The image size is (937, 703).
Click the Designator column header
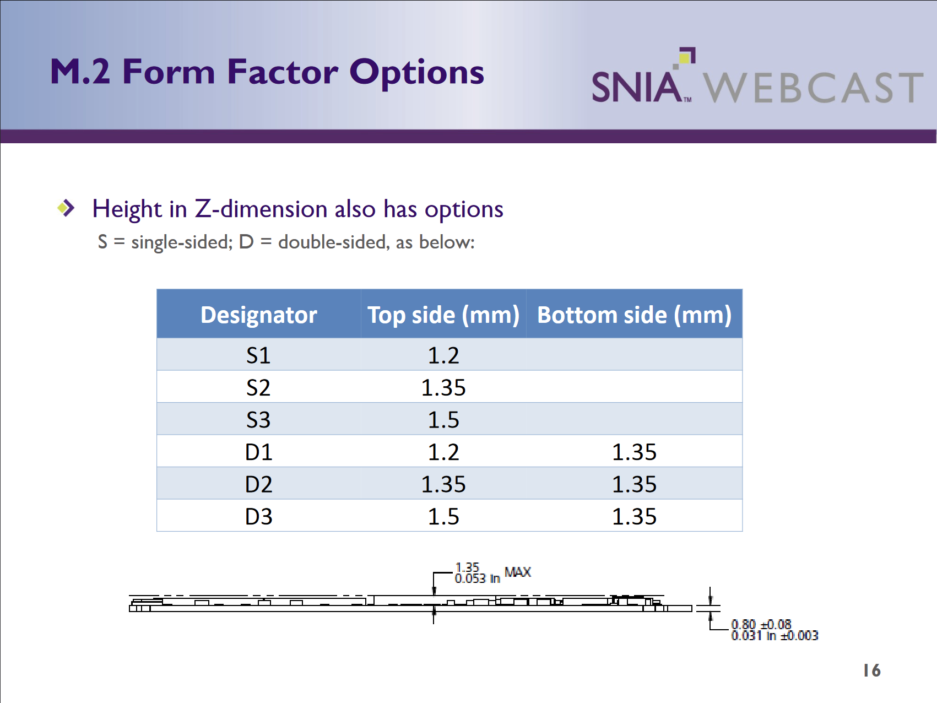tap(258, 315)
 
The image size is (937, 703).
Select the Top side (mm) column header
tap(443, 315)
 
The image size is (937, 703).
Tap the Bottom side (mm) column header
tap(634, 315)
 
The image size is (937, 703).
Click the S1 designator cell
tap(258, 355)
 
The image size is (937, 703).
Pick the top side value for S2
tap(443, 388)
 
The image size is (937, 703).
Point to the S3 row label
tap(258, 420)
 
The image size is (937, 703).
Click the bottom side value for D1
tap(634, 452)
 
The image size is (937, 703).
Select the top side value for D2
tap(443, 484)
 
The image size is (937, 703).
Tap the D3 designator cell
tap(258, 517)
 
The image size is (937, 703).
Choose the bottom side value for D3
tap(634, 517)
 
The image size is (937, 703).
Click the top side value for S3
tap(443, 420)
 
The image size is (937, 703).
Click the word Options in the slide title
tap(417, 73)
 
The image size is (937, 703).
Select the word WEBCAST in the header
tap(813, 88)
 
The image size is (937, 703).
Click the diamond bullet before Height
tap(66, 208)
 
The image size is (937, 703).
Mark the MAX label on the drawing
tap(518, 572)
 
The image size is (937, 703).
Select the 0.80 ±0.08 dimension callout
tap(761, 624)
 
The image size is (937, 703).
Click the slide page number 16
tap(872, 670)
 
